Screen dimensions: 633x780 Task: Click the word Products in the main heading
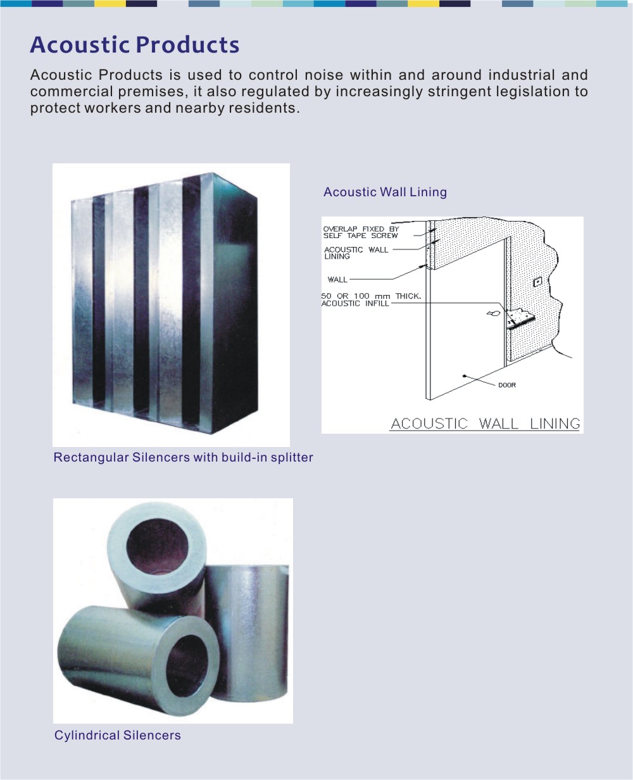[x=187, y=45]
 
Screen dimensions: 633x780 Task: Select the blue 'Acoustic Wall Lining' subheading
[x=385, y=192]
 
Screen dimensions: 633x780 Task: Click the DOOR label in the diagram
[x=506, y=385]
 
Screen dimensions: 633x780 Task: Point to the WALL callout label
[x=337, y=280]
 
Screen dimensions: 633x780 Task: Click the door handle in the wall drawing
[x=493, y=313]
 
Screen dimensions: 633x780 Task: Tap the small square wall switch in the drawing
[x=537, y=282]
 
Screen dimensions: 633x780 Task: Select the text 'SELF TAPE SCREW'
[x=360, y=236]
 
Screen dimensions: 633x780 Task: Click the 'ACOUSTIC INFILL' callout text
[x=354, y=303]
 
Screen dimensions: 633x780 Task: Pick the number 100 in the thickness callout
[x=361, y=296]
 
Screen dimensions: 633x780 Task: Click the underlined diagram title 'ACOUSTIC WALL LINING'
[x=486, y=424]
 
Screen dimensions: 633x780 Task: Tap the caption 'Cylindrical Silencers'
[x=117, y=735]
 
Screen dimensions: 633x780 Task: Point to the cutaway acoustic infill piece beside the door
[x=520, y=317]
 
